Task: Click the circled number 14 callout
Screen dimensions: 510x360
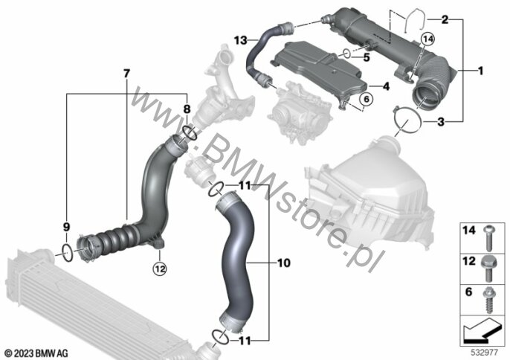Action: [427, 39]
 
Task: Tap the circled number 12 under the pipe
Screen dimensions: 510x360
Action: [160, 269]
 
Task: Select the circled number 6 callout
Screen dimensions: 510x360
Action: [367, 99]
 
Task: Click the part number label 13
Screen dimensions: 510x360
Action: [241, 41]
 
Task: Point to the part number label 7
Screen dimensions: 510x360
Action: [126, 74]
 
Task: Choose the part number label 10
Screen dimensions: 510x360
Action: [284, 263]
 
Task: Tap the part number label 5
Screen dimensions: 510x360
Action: [367, 57]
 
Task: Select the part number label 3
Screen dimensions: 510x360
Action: [441, 122]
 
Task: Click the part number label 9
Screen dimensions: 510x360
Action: [66, 227]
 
